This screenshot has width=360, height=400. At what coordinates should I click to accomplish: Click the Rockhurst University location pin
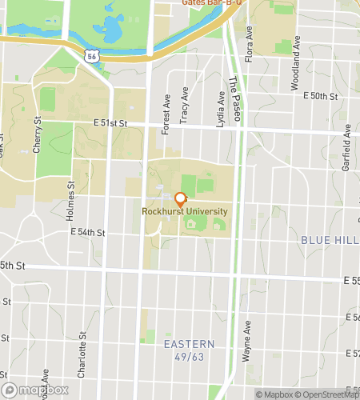(180, 199)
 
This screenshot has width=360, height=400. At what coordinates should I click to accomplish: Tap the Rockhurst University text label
(184, 212)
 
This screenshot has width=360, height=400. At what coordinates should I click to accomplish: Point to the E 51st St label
(110, 123)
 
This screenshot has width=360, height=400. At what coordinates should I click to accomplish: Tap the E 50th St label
(322, 95)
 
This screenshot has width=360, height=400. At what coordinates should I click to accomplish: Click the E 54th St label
(88, 232)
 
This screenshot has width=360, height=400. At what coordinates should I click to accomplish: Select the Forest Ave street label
(167, 114)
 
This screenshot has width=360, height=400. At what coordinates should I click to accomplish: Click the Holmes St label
(71, 199)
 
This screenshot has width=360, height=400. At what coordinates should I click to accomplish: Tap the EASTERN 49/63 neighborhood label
(190, 350)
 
